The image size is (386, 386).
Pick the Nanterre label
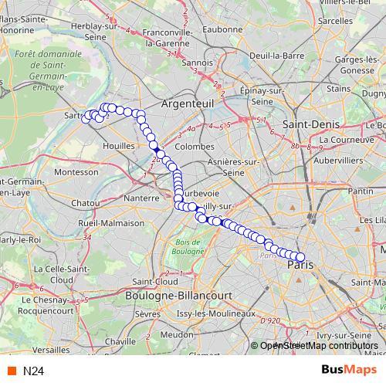tap(141, 198)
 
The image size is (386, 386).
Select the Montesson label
tap(78, 171)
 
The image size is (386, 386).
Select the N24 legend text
tap(32, 371)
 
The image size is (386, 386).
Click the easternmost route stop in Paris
tap(300, 258)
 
